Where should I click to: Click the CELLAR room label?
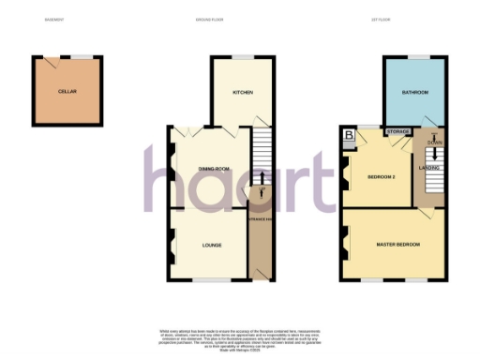67,92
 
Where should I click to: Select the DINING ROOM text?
214,169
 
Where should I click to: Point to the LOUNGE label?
212,245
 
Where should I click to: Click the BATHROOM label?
415,92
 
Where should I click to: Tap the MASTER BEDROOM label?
397,245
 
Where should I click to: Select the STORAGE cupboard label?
397,132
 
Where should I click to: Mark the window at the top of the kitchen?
244,57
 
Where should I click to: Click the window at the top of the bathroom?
412,57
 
